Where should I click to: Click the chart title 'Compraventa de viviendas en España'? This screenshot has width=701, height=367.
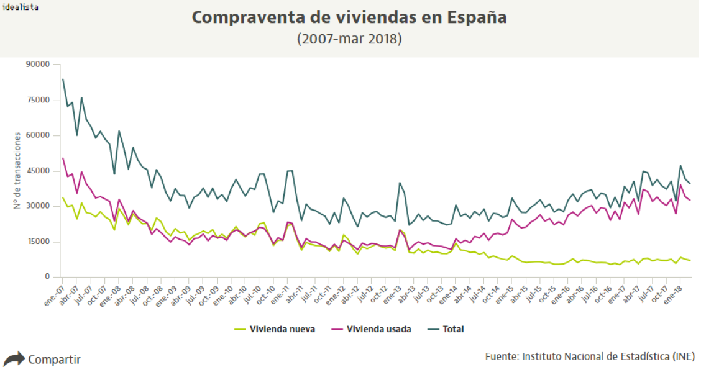coord(349,17)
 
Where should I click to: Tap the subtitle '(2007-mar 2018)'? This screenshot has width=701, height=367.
coord(349,39)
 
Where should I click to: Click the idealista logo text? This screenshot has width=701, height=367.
coord(20,7)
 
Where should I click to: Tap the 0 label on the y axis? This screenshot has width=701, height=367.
coord(47,277)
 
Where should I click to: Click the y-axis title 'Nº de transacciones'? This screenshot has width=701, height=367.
coord(18,170)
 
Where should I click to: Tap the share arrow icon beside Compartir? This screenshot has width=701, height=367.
coord(14,358)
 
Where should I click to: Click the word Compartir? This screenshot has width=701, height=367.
coord(54,359)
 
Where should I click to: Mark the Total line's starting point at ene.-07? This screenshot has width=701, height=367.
coord(63,79)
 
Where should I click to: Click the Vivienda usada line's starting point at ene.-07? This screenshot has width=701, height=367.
coord(63,158)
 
